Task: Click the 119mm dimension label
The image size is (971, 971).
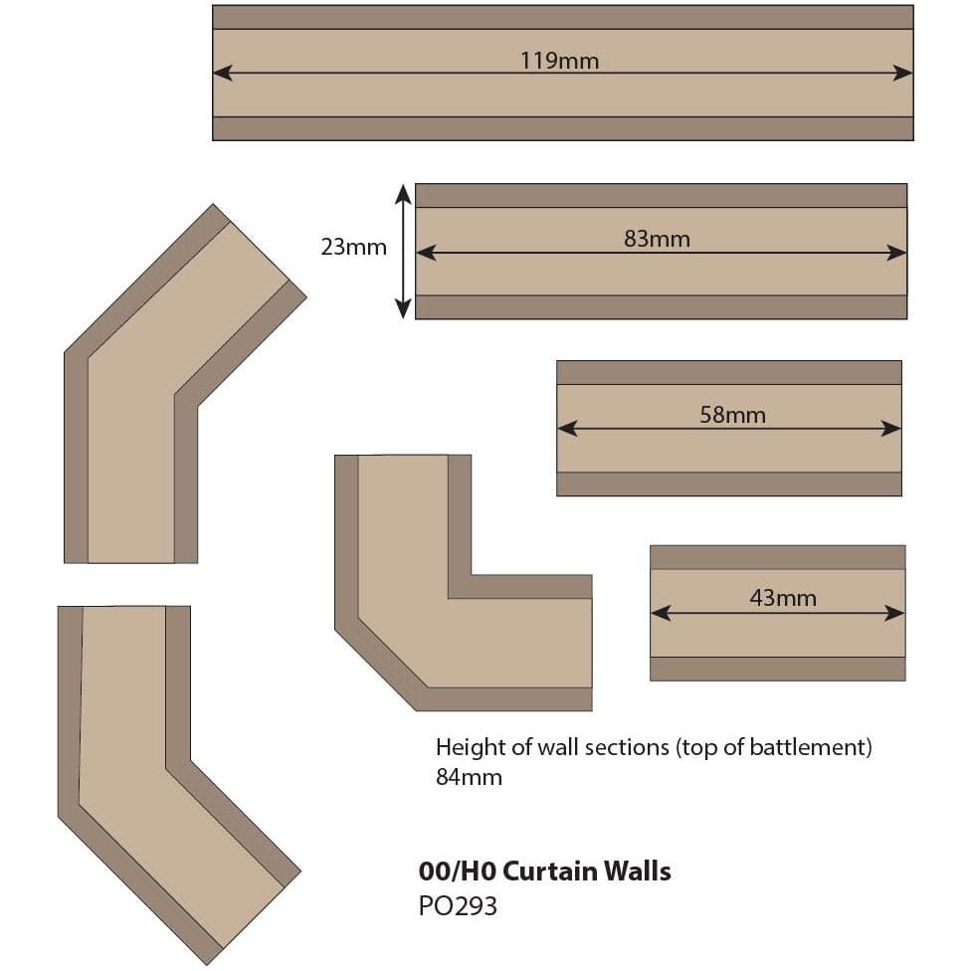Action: pyautogui.click(x=559, y=61)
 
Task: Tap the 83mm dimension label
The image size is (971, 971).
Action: pyautogui.click(x=657, y=240)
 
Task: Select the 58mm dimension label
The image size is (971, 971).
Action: pyautogui.click(x=732, y=415)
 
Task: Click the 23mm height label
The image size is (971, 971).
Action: pyautogui.click(x=353, y=248)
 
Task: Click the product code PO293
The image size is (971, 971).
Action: pyautogui.click(x=458, y=906)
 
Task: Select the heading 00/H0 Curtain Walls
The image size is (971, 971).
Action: pyautogui.click(x=544, y=872)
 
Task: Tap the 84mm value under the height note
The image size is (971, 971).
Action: pyautogui.click(x=469, y=777)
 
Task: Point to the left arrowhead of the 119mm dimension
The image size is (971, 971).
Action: pyautogui.click(x=221, y=73)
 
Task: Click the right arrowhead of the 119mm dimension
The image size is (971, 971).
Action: pyautogui.click(x=904, y=73)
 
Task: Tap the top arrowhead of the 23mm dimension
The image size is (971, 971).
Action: pyautogui.click(x=403, y=192)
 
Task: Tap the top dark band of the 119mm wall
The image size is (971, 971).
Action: pyautogui.click(x=562, y=17)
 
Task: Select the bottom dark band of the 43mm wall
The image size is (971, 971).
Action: pyautogui.click(x=777, y=669)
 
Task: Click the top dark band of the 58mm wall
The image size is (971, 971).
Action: pyautogui.click(x=728, y=372)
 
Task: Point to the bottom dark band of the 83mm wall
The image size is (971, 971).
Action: pyautogui.click(x=661, y=307)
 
